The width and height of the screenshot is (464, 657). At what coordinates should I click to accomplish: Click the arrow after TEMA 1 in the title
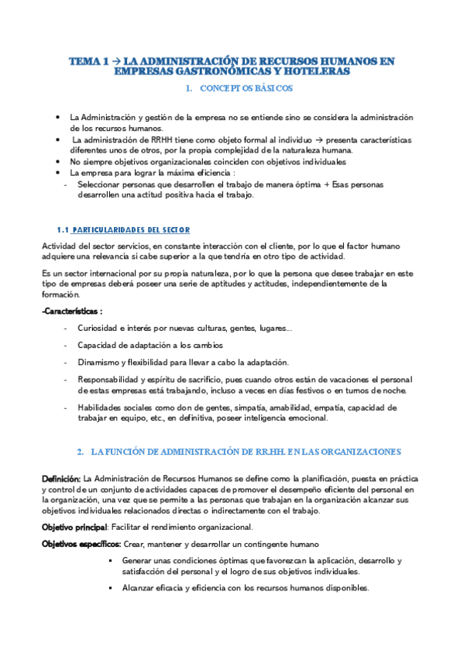click(x=115, y=60)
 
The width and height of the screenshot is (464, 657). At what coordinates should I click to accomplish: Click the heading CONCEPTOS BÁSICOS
click(x=246, y=89)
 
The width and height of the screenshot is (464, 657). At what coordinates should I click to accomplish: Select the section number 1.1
click(x=64, y=230)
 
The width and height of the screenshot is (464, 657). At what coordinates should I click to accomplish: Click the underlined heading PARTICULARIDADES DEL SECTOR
click(x=131, y=230)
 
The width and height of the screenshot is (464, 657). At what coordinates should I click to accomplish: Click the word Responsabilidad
click(x=107, y=380)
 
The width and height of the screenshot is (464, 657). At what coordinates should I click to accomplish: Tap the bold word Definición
click(x=60, y=479)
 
